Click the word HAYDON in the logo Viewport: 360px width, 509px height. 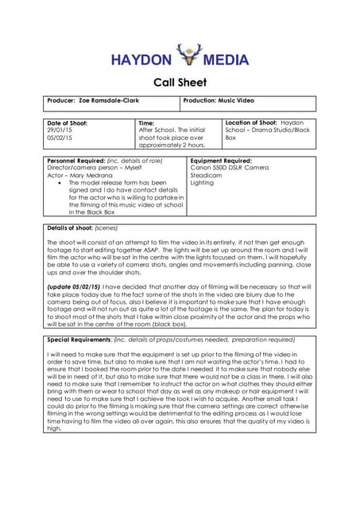(x=141, y=60)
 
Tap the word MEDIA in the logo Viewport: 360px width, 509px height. (x=226, y=60)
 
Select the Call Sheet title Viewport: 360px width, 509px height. (x=180, y=82)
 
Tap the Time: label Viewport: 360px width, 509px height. (x=147, y=123)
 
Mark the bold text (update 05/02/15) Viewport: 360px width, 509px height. (x=73, y=286)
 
